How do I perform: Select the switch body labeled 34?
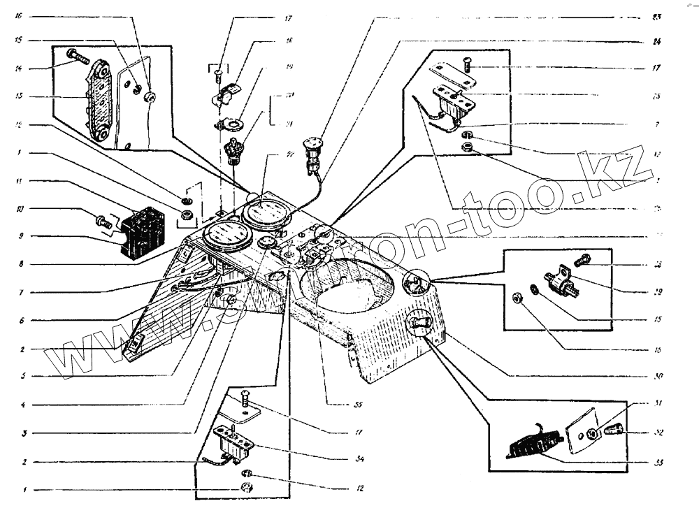point(234,442)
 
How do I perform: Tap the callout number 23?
point(656,16)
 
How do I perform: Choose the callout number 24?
point(656,41)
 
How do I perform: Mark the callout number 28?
point(656,265)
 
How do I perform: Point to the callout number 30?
point(656,376)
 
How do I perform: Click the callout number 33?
point(656,462)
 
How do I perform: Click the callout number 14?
point(20,68)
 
